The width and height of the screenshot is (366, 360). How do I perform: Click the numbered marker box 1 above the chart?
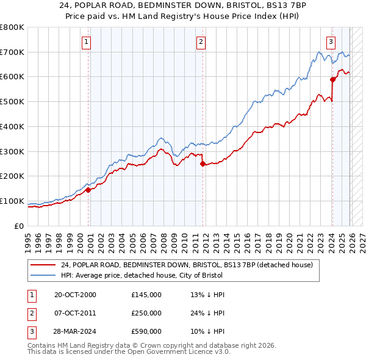pos(86,42)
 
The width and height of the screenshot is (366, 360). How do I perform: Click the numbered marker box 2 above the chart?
pos(201,42)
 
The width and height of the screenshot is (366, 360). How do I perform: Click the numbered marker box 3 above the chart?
pos(330,42)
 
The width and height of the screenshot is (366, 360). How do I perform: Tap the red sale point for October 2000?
pos(88,190)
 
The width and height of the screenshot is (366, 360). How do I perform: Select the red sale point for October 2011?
pos(203,164)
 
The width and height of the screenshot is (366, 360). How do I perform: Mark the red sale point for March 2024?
pos(332,79)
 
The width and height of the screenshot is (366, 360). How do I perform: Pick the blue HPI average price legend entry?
pos(164,276)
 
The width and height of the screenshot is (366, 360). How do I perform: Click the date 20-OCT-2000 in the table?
pos(75,295)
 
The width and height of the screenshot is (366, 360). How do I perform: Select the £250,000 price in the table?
pos(146,313)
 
